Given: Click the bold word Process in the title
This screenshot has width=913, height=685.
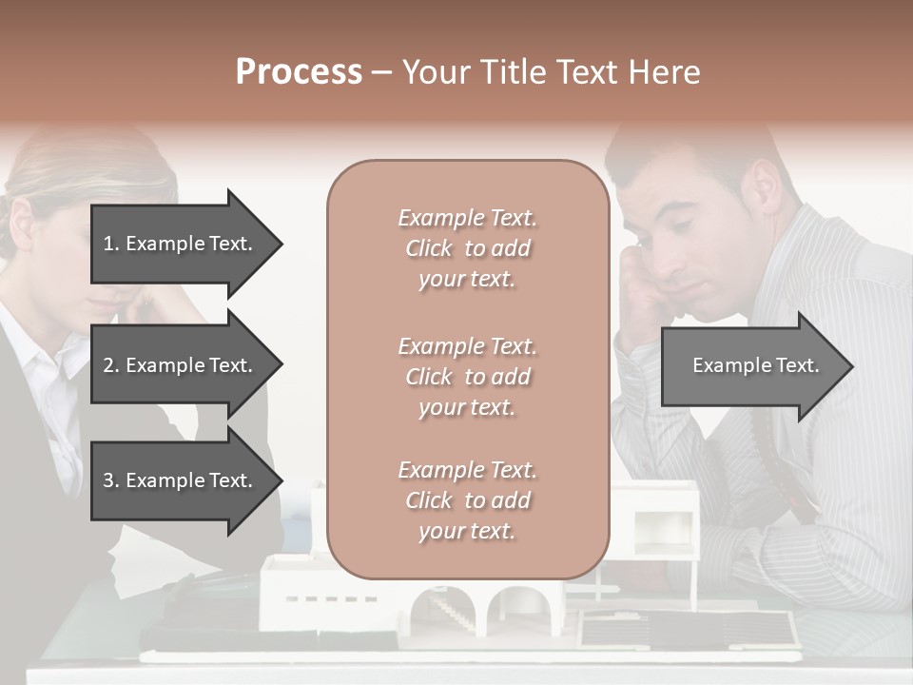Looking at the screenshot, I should click(x=299, y=72).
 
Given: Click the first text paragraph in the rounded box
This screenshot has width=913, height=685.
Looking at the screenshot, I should click(x=467, y=248).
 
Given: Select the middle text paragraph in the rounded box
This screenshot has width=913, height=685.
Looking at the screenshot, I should click(x=467, y=376).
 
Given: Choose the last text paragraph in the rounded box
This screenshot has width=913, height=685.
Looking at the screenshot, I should click(x=467, y=500).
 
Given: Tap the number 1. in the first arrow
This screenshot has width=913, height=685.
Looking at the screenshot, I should click(x=111, y=244).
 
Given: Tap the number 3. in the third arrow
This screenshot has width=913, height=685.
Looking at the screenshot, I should click(x=111, y=480).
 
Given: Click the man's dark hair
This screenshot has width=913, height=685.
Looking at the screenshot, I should click(x=694, y=152).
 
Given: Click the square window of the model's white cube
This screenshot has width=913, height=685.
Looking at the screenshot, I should click(x=656, y=533).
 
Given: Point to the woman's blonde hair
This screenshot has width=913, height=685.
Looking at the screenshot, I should click(x=67, y=171).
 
